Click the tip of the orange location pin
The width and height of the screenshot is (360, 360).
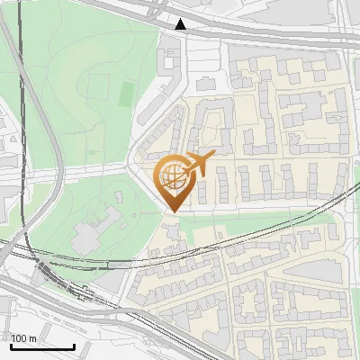click(x=172, y=211)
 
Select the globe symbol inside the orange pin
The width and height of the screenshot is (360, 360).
click(x=171, y=176)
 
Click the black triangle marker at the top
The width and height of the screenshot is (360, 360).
click(x=181, y=24)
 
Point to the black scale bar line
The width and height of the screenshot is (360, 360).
click(x=42, y=346)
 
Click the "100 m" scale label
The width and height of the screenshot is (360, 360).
click(x=24, y=338)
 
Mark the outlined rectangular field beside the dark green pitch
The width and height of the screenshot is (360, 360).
click(x=100, y=85)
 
